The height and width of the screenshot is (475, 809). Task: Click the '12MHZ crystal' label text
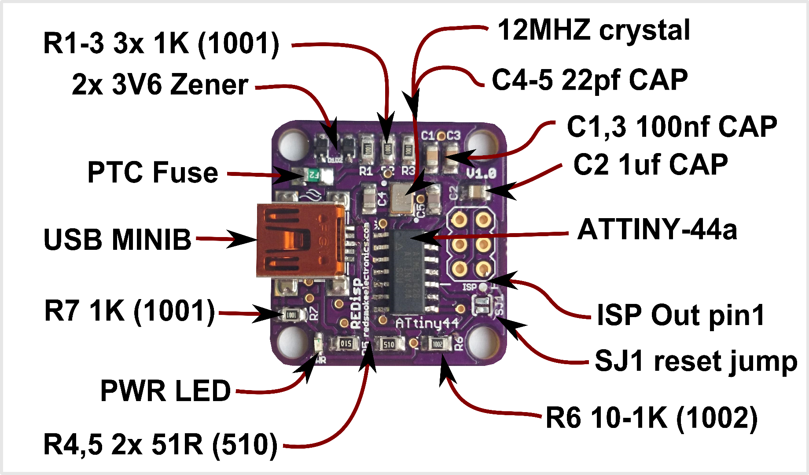pos(593,31)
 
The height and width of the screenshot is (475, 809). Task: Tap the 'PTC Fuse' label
pos(153,172)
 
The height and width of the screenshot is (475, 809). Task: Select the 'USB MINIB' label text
pos(118,240)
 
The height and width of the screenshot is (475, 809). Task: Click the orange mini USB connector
pos(299,241)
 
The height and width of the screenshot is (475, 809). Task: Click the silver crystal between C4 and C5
pos(401,198)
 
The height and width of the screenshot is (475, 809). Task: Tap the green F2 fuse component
pos(313,175)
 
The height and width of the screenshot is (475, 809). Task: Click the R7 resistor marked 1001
pos(291,315)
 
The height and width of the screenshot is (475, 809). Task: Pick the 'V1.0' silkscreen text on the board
pos(481,173)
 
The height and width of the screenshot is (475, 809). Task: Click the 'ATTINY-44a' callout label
pos(657,230)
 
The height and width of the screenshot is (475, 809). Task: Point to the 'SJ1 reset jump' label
pos(695,362)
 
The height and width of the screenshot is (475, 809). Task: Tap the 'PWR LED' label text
pos(165,391)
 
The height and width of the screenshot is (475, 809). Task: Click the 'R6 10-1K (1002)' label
pos(651,418)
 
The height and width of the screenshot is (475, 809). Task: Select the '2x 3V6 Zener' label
pos(160,84)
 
